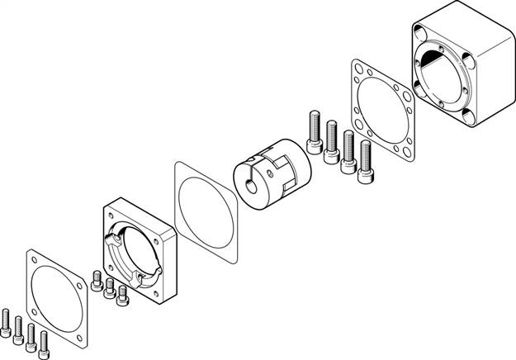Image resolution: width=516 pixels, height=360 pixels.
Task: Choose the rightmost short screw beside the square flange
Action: pos(124,295)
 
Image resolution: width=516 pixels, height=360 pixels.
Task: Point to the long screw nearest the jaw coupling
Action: pos(314,132)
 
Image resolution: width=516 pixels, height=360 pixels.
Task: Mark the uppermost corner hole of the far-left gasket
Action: pos(31,256)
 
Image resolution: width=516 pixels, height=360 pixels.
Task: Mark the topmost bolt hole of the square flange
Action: pos(110,215)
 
